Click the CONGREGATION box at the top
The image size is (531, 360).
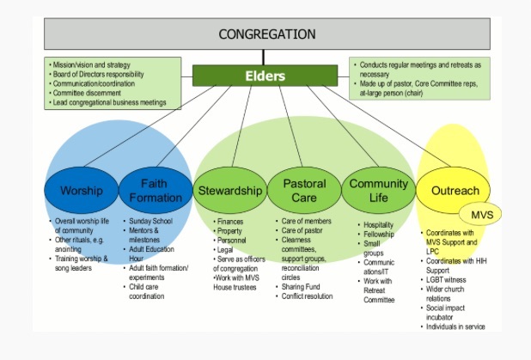(x=266, y=34)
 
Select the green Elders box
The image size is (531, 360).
(x=266, y=76)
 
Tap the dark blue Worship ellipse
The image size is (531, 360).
(x=81, y=191)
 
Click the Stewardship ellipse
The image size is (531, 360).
(x=230, y=191)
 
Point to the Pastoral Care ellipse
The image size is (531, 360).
(x=303, y=191)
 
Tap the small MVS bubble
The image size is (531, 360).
(x=482, y=212)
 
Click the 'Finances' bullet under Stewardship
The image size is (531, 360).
(x=230, y=222)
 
